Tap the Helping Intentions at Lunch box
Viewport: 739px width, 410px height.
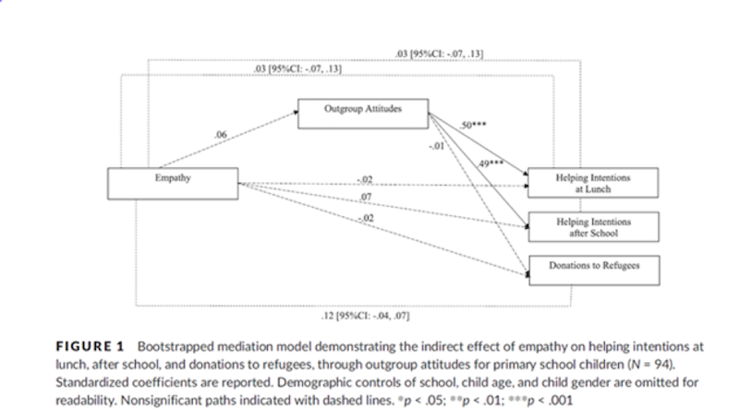pyautogui.click(x=592, y=183)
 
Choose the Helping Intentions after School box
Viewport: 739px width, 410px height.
pyautogui.click(x=592, y=226)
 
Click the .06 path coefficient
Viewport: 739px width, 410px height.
pyautogui.click(x=220, y=135)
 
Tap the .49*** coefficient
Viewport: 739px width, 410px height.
pyautogui.click(x=491, y=163)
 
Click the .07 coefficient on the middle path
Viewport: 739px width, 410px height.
pyautogui.click(x=365, y=197)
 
